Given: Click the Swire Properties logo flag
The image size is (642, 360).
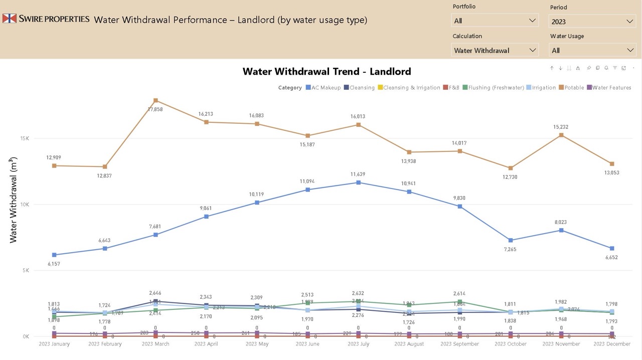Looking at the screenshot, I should (x=9, y=19).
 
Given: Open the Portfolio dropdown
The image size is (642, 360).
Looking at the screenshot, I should (x=495, y=21).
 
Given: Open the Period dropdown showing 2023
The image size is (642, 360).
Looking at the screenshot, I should (x=592, y=21).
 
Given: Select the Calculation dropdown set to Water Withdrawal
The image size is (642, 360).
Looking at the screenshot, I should (x=495, y=50).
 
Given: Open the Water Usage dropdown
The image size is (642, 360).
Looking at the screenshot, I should (x=592, y=50).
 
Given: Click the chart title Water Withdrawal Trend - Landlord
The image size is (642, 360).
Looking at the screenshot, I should (x=327, y=71).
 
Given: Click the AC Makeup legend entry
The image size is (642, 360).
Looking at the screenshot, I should (x=323, y=88).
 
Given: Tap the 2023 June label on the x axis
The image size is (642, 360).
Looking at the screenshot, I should (x=307, y=344).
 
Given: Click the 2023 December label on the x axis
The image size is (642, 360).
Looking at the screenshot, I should (x=611, y=344).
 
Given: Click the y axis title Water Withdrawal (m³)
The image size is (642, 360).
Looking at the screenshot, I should (x=14, y=200).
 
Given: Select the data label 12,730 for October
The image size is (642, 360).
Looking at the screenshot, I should (x=511, y=177).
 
